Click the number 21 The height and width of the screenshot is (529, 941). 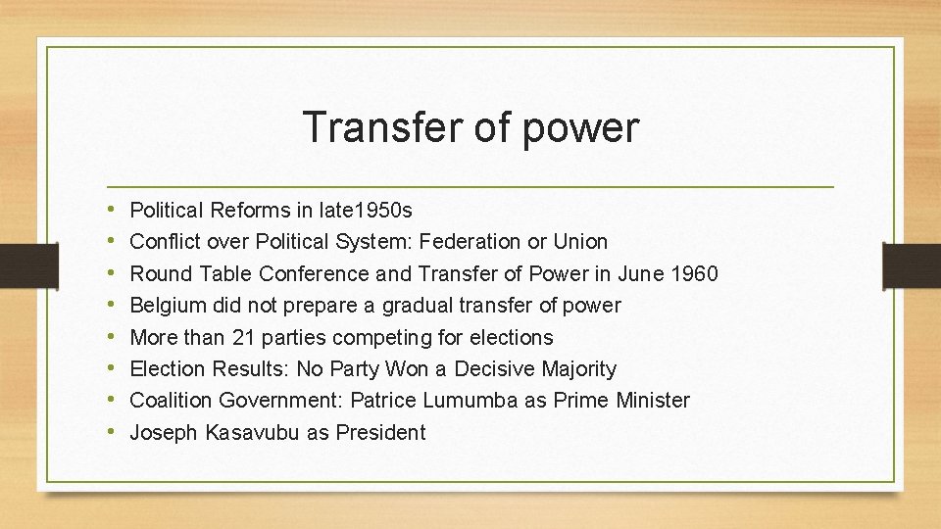pos(241,338)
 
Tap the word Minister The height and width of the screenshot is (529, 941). pos(653,401)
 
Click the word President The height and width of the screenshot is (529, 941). pos(380,433)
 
